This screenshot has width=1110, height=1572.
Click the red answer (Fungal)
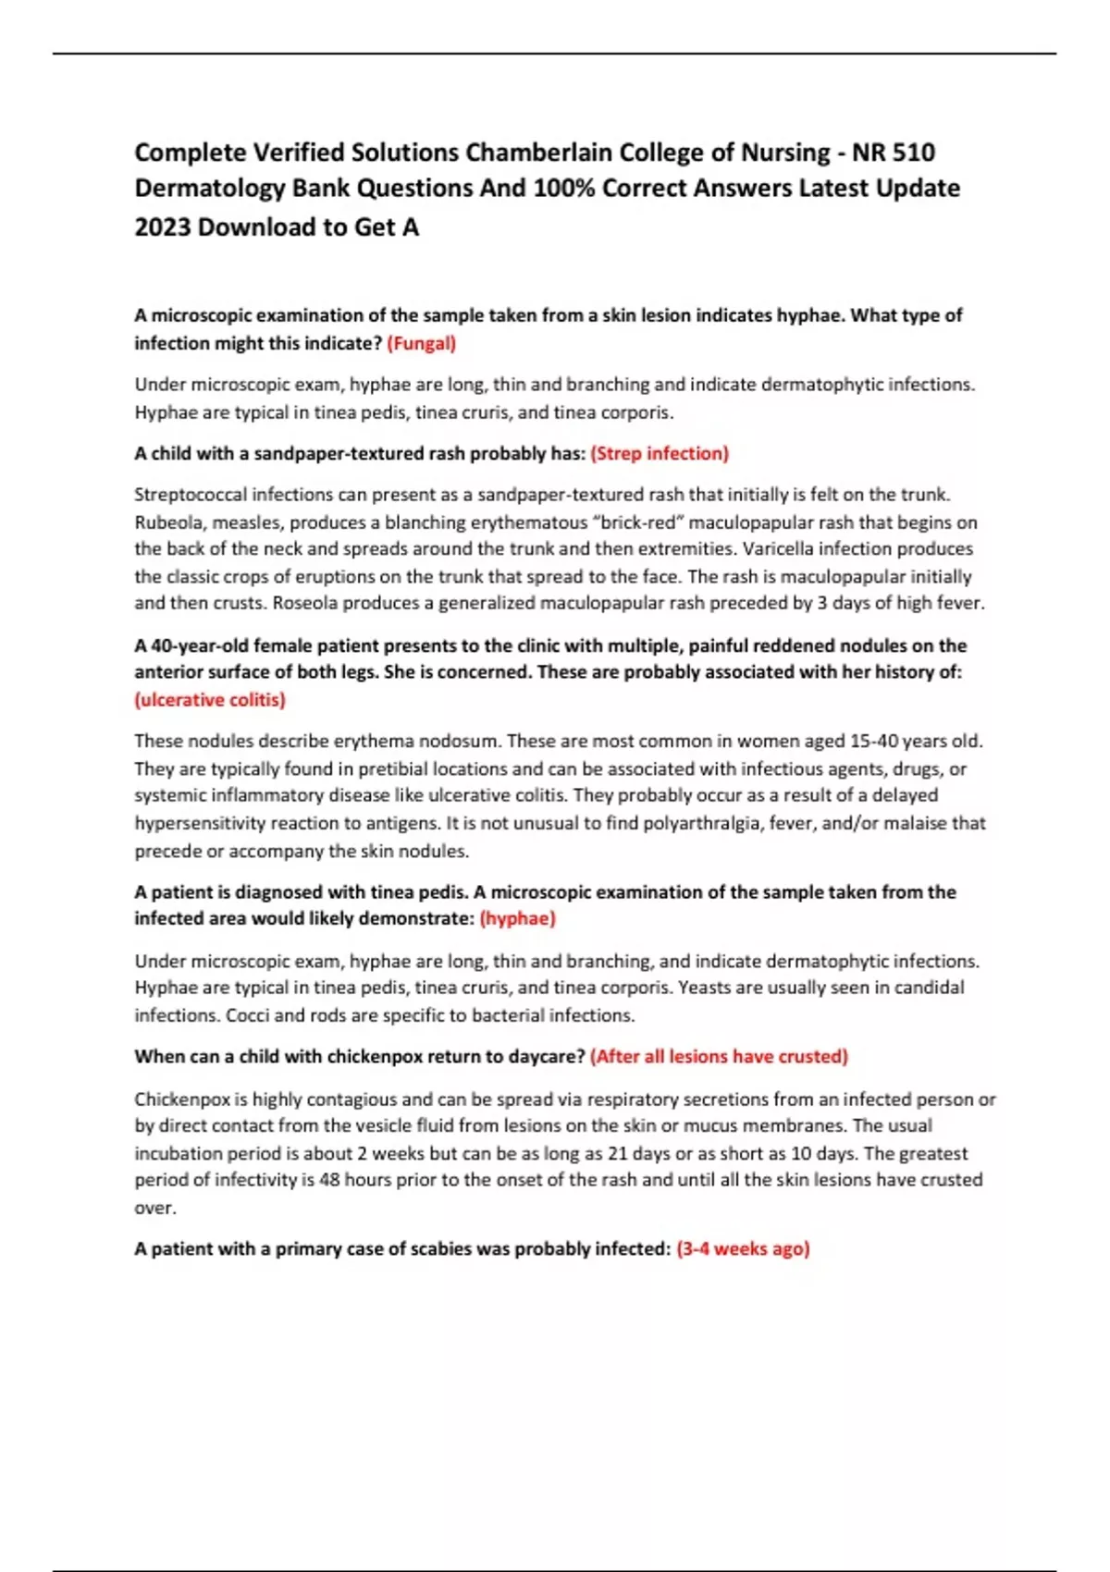[x=421, y=343]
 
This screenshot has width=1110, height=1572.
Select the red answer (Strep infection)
[x=660, y=453]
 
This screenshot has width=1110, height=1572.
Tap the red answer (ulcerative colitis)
[x=210, y=700]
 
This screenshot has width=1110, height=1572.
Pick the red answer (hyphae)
[x=518, y=918]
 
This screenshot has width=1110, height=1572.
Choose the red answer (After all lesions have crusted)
[x=719, y=1056]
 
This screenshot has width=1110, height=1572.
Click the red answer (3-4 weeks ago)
[x=743, y=1248]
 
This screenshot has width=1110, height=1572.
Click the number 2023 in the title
[x=163, y=227]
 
